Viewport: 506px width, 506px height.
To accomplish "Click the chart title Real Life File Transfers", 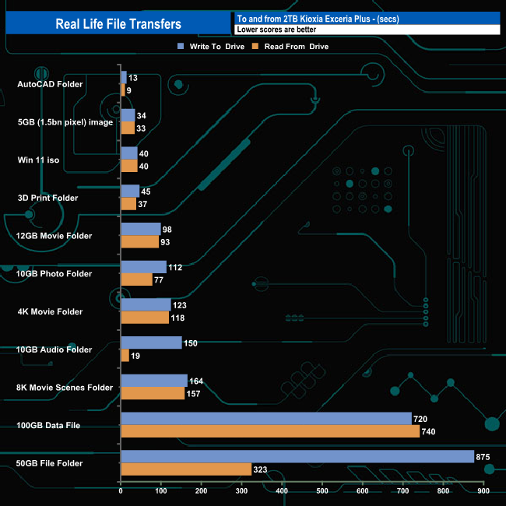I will (118, 23).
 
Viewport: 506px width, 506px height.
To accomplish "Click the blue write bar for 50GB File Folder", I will (297, 456).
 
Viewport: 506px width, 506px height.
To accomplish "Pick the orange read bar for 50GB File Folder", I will (186, 469).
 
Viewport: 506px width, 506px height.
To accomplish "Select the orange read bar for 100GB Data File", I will (270, 431).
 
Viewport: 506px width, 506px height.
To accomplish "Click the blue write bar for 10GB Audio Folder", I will (151, 343).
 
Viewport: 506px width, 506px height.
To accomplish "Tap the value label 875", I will (484, 457).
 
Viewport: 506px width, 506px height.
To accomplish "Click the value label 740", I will (430, 432).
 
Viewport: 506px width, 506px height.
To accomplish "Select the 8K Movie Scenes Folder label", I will (65, 388).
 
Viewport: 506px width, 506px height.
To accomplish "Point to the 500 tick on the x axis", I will (322, 491).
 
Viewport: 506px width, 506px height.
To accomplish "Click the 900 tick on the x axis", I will (483, 491).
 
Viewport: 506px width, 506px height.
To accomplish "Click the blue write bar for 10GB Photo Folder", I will (143, 267).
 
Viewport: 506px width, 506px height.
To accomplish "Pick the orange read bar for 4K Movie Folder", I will (145, 318).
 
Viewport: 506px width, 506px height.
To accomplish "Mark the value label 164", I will (198, 381).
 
